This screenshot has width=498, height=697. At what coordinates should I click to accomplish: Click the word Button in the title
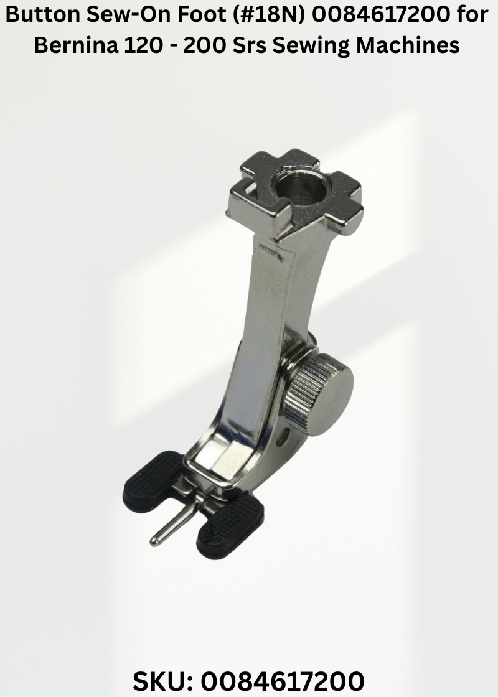(x=44, y=15)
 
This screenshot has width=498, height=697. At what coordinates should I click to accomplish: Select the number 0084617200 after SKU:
(x=283, y=681)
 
